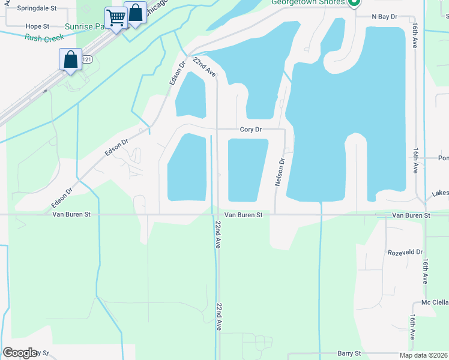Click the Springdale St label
coord(37,9)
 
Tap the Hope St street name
coord(37,26)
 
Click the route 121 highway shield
coord(88,59)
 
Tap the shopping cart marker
coord(115,17)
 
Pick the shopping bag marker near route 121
coord(70,59)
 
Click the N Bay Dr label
coord(385,17)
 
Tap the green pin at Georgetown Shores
coord(354,2)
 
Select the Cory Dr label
coord(250,129)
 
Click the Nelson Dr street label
coord(279,172)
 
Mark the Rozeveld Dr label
coord(405,253)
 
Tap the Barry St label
coord(349,354)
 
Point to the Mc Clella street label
coord(435,302)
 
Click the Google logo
coord(20,353)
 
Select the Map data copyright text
coord(423,355)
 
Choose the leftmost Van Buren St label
coord(71,214)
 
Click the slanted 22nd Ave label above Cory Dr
coord(205,67)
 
